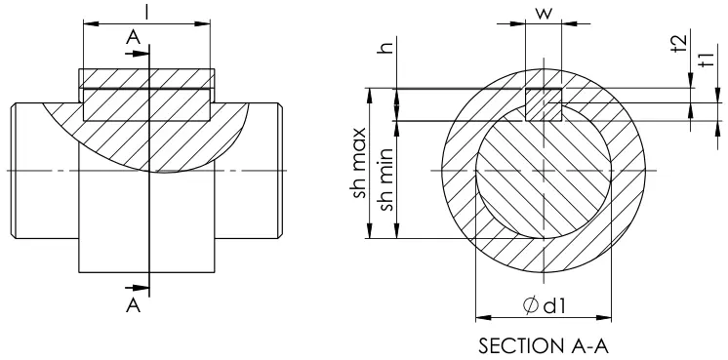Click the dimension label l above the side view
click(145, 12)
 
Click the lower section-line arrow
click(139, 287)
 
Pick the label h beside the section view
click(387, 47)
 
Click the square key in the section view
click(543, 104)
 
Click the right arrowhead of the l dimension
click(205, 20)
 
